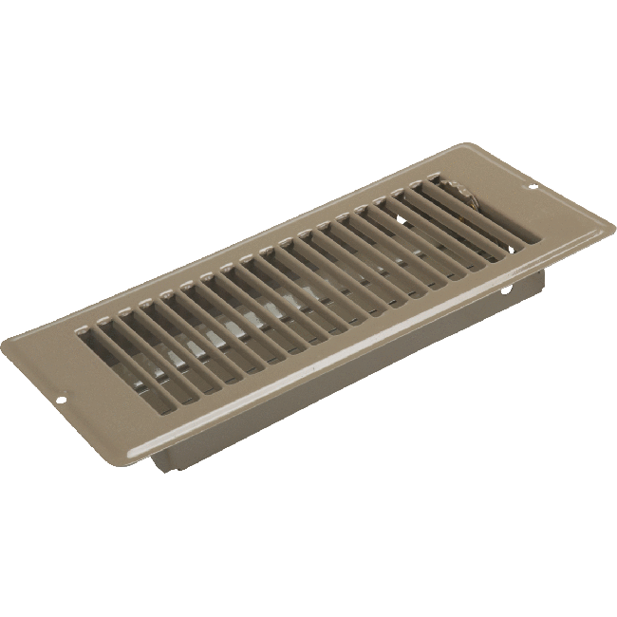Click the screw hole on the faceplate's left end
[63, 401]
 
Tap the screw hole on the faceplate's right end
[532, 187]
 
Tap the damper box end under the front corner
[161, 461]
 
